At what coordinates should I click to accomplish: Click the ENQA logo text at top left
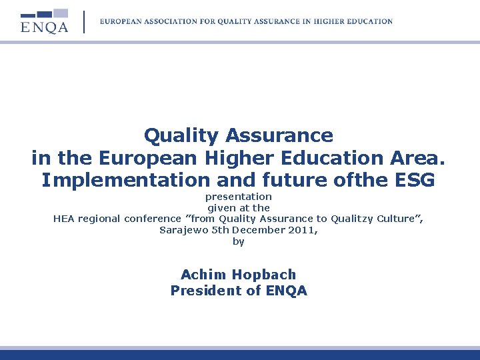coord(45,27)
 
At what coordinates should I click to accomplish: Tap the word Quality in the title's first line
coord(181,136)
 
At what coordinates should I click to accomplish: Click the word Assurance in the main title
coord(279,136)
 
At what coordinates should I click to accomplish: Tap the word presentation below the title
coord(238,197)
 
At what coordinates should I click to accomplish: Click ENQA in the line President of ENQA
coord(287,291)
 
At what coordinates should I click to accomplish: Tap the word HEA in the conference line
coord(65,219)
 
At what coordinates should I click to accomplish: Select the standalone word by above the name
coord(239,241)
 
